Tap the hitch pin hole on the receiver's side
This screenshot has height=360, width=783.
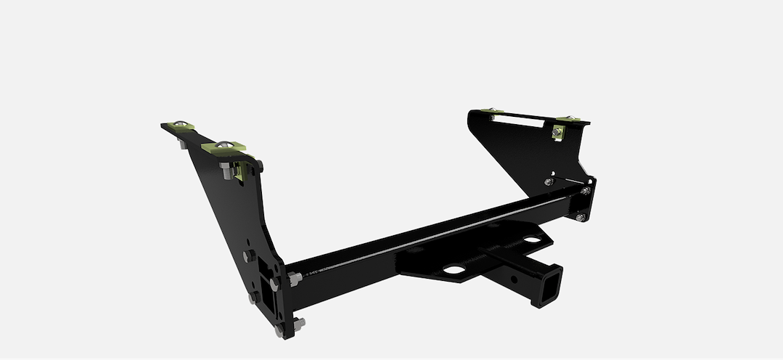513,278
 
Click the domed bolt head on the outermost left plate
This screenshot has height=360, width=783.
179,123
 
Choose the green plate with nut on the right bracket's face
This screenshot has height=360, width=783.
558,132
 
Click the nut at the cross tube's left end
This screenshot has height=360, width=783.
294,279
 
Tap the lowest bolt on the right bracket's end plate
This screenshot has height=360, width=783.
580,217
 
